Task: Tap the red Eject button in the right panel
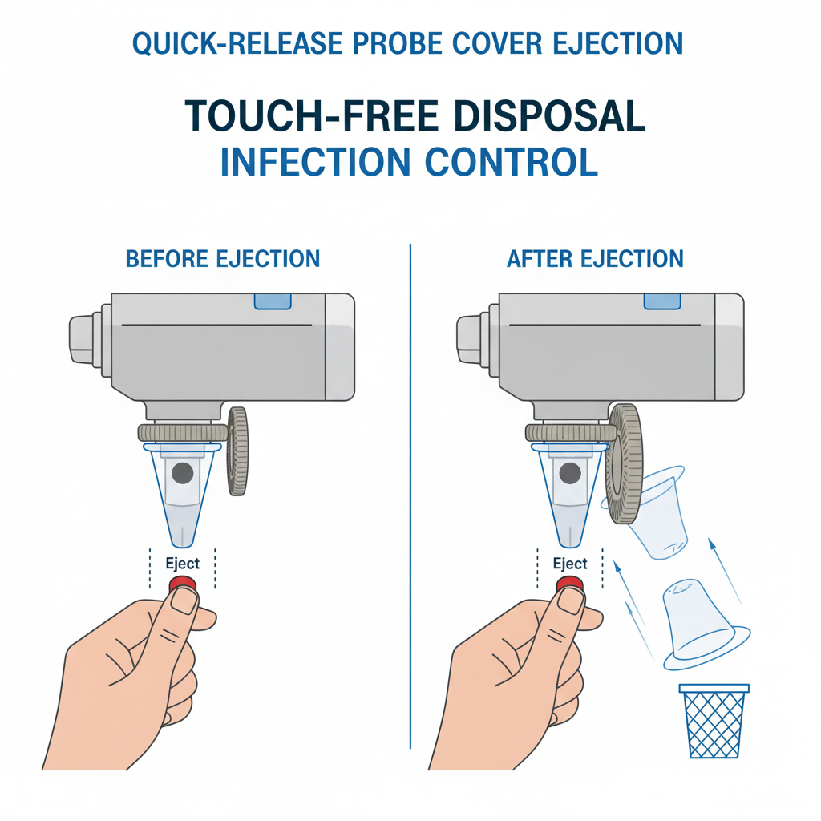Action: [570, 583]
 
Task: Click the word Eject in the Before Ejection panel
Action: [183, 564]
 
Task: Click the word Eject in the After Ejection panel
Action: [570, 564]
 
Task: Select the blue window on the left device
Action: [273, 301]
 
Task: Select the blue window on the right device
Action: [661, 301]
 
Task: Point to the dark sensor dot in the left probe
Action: [183, 472]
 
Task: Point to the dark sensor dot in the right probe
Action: [570, 473]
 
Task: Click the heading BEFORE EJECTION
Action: [223, 259]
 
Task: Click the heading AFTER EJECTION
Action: [595, 259]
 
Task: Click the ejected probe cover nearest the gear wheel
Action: [653, 513]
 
